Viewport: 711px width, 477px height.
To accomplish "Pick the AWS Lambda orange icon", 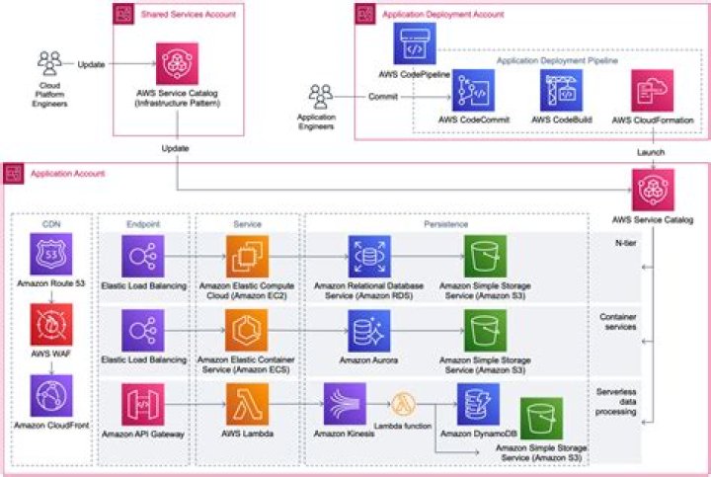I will pos(247,404).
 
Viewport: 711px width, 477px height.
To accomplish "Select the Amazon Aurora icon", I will pos(368,331).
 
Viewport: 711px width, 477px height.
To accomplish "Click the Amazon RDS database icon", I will pos(368,255).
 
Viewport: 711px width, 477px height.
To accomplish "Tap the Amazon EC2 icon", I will pos(247,255).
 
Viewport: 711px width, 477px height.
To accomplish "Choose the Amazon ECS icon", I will pos(247,331).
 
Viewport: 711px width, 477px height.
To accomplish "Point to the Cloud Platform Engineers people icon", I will pos(48,62).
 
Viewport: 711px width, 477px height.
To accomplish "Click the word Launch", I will pos(651,152).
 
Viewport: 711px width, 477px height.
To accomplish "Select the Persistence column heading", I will pos(446,224).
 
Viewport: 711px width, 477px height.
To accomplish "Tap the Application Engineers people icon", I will pos(320,96).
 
